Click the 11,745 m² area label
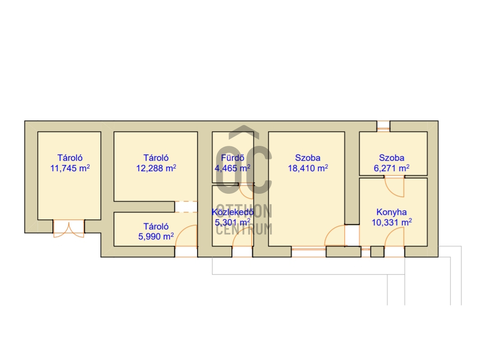[x=70, y=168]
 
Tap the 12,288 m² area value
[x=156, y=168]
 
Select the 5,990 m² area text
[x=156, y=237]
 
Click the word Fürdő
[x=233, y=158]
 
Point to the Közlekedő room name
[x=233, y=212]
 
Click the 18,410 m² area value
[x=308, y=168]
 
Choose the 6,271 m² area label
[x=391, y=168]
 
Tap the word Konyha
[x=391, y=212]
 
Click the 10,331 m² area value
[x=392, y=223]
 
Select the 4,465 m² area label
[x=233, y=168]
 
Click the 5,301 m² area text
[x=233, y=223]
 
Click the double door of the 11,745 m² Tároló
[x=69, y=229]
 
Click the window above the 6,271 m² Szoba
[x=384, y=126]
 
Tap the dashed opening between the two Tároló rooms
[x=186, y=207]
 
